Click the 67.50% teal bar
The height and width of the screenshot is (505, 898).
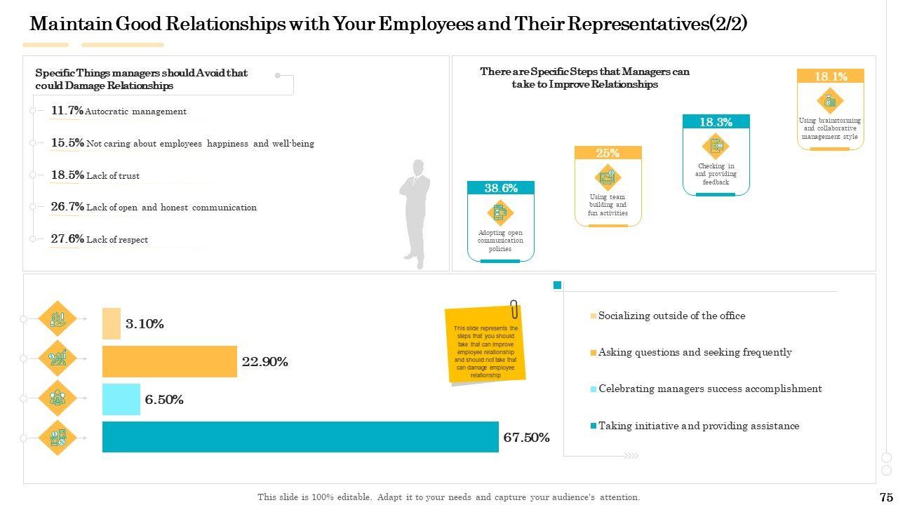pos(300,437)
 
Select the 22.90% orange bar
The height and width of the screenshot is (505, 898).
pos(170,361)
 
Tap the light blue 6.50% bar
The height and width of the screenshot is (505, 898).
pos(121,399)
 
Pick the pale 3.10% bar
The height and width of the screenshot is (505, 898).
pos(112,323)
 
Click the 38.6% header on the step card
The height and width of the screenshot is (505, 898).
pos(501,188)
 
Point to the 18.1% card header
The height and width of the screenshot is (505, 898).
pos(830,76)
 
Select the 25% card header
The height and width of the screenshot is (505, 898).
pos(608,153)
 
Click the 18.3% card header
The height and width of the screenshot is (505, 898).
pos(716,122)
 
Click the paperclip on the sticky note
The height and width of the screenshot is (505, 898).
pos(514,309)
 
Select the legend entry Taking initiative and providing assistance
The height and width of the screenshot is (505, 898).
pos(698,426)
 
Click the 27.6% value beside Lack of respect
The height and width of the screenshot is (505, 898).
pos(67,239)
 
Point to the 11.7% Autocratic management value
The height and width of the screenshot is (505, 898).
pos(67,111)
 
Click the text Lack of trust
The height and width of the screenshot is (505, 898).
pos(113,176)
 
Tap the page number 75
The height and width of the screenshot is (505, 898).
pos(885,497)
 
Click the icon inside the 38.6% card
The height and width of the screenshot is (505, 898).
pos(500,212)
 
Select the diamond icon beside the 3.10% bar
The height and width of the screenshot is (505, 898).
pos(58,319)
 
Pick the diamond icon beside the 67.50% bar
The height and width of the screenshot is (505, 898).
pos(58,438)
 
